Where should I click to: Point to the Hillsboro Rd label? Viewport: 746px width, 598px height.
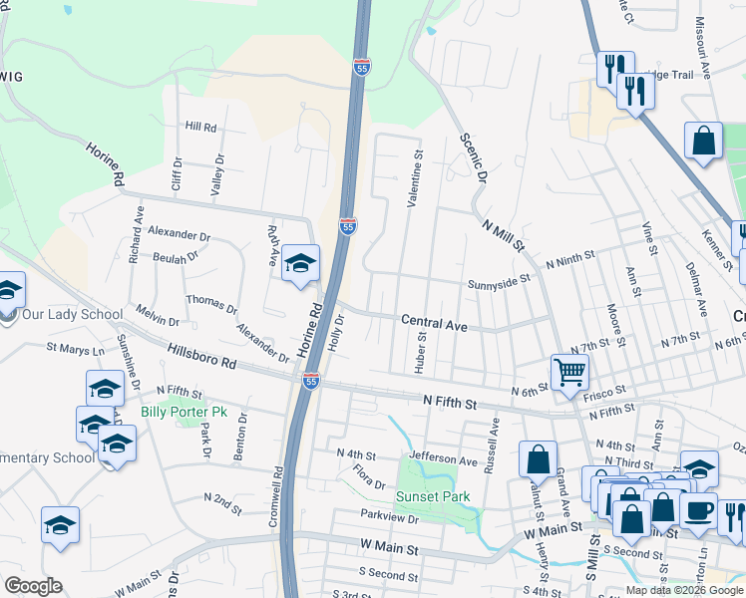coord(201,357)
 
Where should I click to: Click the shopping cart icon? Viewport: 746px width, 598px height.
coord(569,373)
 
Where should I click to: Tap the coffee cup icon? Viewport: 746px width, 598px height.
coord(698,512)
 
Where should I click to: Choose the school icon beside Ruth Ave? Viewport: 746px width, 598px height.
coord(300,264)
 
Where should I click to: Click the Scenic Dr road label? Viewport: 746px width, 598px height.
coord(472,157)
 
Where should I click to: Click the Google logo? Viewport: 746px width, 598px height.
coord(33,586)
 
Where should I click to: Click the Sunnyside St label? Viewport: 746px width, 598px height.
coord(498,283)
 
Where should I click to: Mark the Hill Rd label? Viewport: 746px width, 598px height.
coord(200,128)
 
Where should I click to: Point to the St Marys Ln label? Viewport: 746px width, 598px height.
coord(75,350)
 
